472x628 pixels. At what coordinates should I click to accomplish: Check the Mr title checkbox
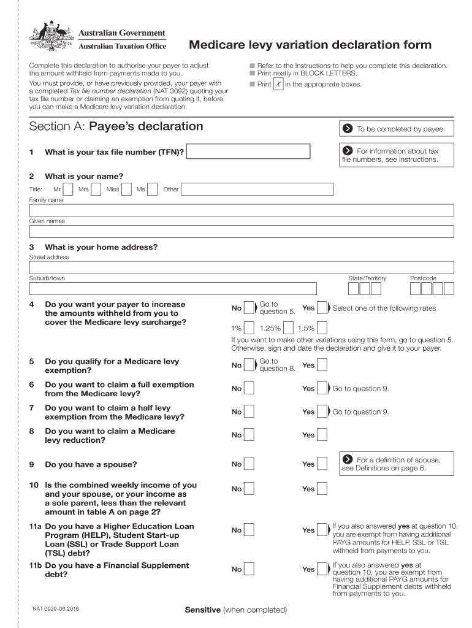click(69, 190)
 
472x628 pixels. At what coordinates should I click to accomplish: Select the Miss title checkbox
click(127, 190)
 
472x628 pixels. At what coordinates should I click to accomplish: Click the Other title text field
click(257, 190)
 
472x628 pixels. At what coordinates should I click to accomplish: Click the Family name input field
click(242, 210)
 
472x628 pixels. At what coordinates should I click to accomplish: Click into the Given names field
click(242, 231)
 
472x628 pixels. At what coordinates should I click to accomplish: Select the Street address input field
click(242, 267)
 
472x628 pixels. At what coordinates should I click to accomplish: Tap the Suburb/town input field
click(173, 289)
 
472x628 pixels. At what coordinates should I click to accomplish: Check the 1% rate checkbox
click(250, 328)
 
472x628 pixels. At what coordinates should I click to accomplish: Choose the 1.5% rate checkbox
click(322, 328)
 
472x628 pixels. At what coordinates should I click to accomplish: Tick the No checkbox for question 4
click(249, 308)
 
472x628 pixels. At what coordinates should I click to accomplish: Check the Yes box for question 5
click(322, 366)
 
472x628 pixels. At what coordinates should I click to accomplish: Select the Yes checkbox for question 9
click(322, 465)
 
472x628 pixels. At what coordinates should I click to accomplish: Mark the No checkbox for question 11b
click(249, 570)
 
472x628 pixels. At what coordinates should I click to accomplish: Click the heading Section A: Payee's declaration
click(116, 126)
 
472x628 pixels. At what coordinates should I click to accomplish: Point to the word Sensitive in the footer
click(203, 610)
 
